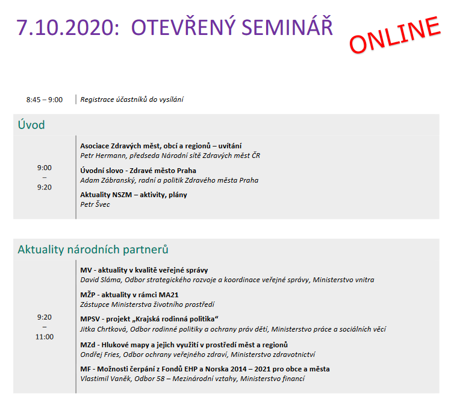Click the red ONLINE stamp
(x=395, y=34)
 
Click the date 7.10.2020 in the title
(x=67, y=28)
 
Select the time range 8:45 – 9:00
(x=45, y=100)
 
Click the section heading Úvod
(x=31, y=125)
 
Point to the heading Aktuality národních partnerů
(x=93, y=250)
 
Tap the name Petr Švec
(x=95, y=204)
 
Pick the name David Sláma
(x=101, y=280)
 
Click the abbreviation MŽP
(x=88, y=294)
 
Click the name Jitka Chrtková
(x=104, y=329)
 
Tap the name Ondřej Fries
(x=100, y=355)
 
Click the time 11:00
(x=45, y=337)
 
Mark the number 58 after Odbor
(x=161, y=379)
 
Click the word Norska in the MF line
(x=217, y=369)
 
